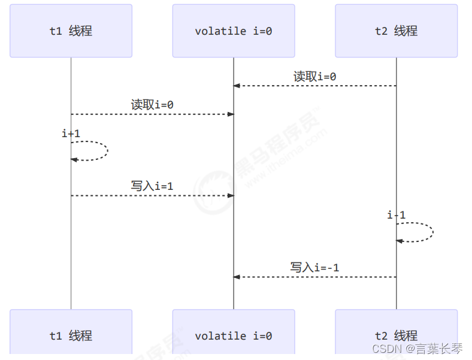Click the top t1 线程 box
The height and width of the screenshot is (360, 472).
(x=71, y=31)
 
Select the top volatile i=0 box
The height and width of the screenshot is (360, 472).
(x=234, y=31)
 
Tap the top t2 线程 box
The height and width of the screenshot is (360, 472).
(x=396, y=31)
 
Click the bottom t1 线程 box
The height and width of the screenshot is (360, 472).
(x=71, y=335)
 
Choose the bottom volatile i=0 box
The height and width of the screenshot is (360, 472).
(x=234, y=335)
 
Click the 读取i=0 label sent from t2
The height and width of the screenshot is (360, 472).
(x=314, y=77)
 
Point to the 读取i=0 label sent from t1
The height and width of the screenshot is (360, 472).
(x=152, y=105)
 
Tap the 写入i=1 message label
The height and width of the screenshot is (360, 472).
(x=152, y=186)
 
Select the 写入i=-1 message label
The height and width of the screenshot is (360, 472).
(x=314, y=268)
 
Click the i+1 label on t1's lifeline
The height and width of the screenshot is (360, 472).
(x=71, y=134)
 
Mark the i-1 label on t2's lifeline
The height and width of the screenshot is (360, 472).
(x=397, y=215)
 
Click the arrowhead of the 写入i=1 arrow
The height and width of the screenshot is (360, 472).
(x=231, y=196)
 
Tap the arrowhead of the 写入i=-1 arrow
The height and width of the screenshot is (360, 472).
(x=237, y=277)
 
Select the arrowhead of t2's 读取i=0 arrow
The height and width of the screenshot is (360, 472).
(x=237, y=86)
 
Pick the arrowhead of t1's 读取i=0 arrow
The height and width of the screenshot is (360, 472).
(x=231, y=114)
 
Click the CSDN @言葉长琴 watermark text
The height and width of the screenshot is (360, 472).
(x=417, y=348)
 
